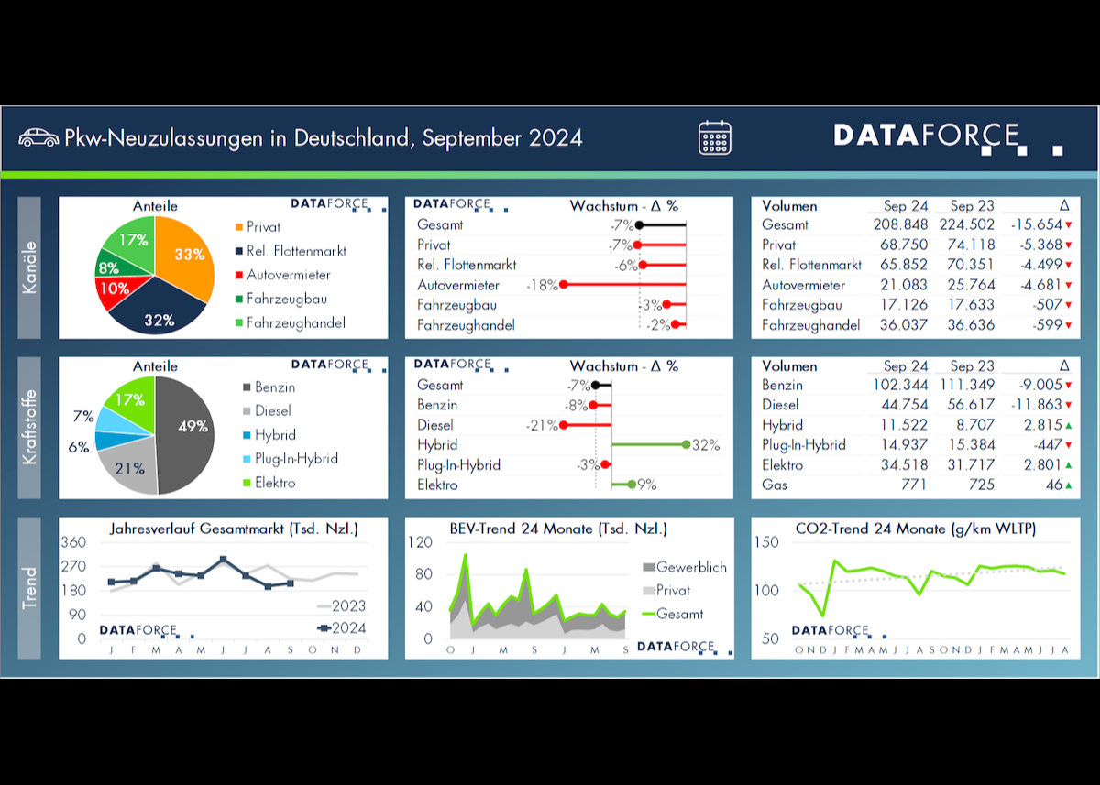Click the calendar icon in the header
714,137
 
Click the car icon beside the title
38,137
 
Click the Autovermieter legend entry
288,275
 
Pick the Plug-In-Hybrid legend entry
295,458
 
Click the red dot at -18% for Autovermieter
564,285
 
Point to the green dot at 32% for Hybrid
687,445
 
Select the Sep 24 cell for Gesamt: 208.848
900,224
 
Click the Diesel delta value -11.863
1036,405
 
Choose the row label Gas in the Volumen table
775,485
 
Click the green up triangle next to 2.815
1069,426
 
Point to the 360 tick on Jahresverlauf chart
73,542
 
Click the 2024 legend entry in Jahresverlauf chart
340,628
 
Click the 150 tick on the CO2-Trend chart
767,542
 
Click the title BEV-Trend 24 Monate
558,529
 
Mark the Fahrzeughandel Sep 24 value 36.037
900,325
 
